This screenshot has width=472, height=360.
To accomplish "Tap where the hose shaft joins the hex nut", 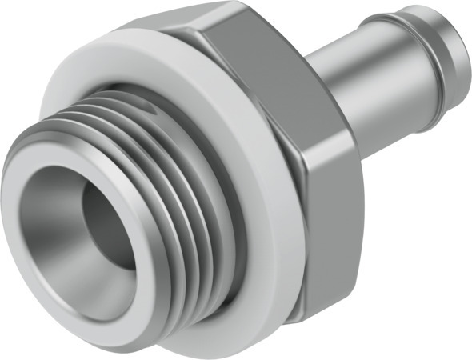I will coord(316,88).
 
